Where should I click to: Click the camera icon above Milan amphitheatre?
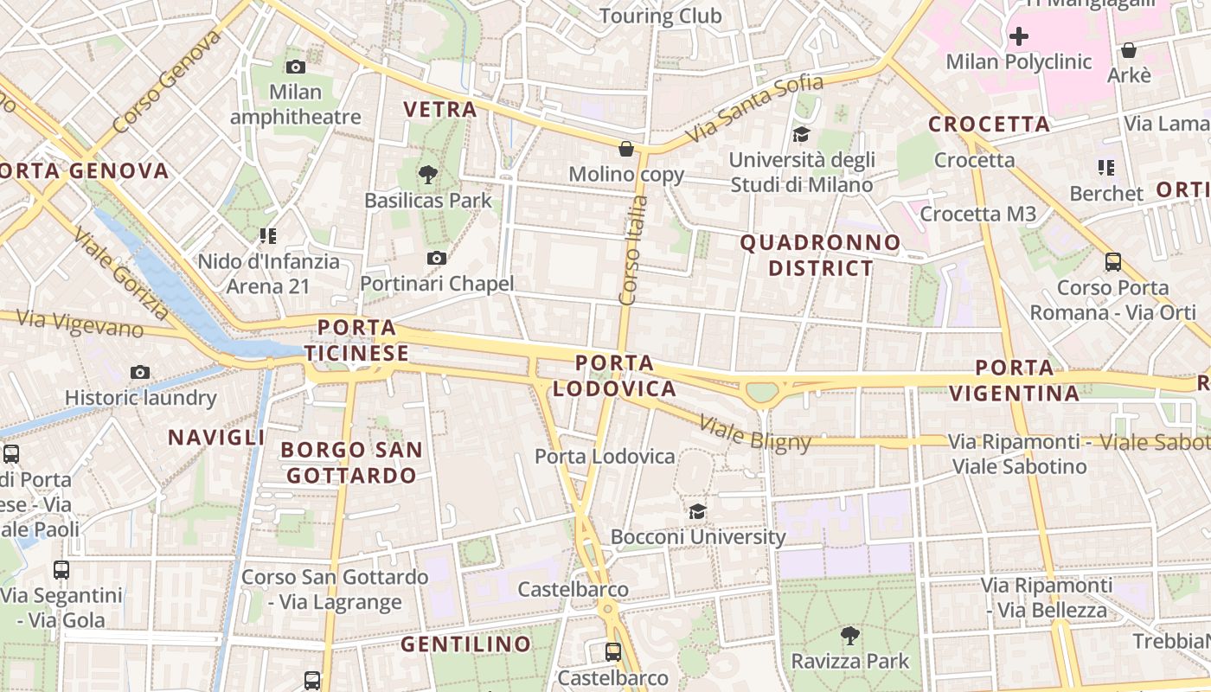pyautogui.click(x=296, y=67)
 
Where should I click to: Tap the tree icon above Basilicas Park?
pyautogui.click(x=427, y=175)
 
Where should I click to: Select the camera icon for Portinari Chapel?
pyautogui.click(x=437, y=258)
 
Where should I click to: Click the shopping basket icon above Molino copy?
pyautogui.click(x=626, y=149)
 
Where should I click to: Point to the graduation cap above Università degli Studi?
pyautogui.click(x=801, y=134)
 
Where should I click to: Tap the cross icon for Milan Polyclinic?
pyautogui.click(x=1019, y=36)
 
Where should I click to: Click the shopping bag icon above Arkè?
pyautogui.click(x=1129, y=50)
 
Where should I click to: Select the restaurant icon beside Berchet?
pyautogui.click(x=1105, y=167)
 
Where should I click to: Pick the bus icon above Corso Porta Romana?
pyautogui.click(x=1113, y=261)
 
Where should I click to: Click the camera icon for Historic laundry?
pyautogui.click(x=140, y=372)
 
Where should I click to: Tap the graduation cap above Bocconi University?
pyautogui.click(x=697, y=511)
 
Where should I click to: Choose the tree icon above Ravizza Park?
pyautogui.click(x=850, y=636)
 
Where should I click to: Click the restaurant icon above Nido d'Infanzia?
pyautogui.click(x=267, y=235)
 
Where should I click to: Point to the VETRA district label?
pyautogui.click(x=440, y=110)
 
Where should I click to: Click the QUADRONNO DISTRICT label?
pyautogui.click(x=820, y=255)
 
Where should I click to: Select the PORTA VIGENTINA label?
pyautogui.click(x=1015, y=381)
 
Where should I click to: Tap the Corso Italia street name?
pyautogui.click(x=634, y=250)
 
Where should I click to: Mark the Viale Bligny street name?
pyautogui.click(x=754, y=435)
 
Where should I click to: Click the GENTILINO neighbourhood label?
pyautogui.click(x=466, y=644)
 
